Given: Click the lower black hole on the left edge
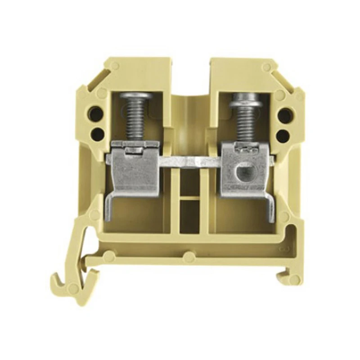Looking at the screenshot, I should (96, 134).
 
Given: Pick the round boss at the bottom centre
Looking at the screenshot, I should (189, 257).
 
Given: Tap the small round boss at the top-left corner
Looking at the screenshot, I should (115, 66).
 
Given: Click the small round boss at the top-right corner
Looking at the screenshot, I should (267, 67).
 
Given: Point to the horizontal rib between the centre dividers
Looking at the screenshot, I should (189, 198).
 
